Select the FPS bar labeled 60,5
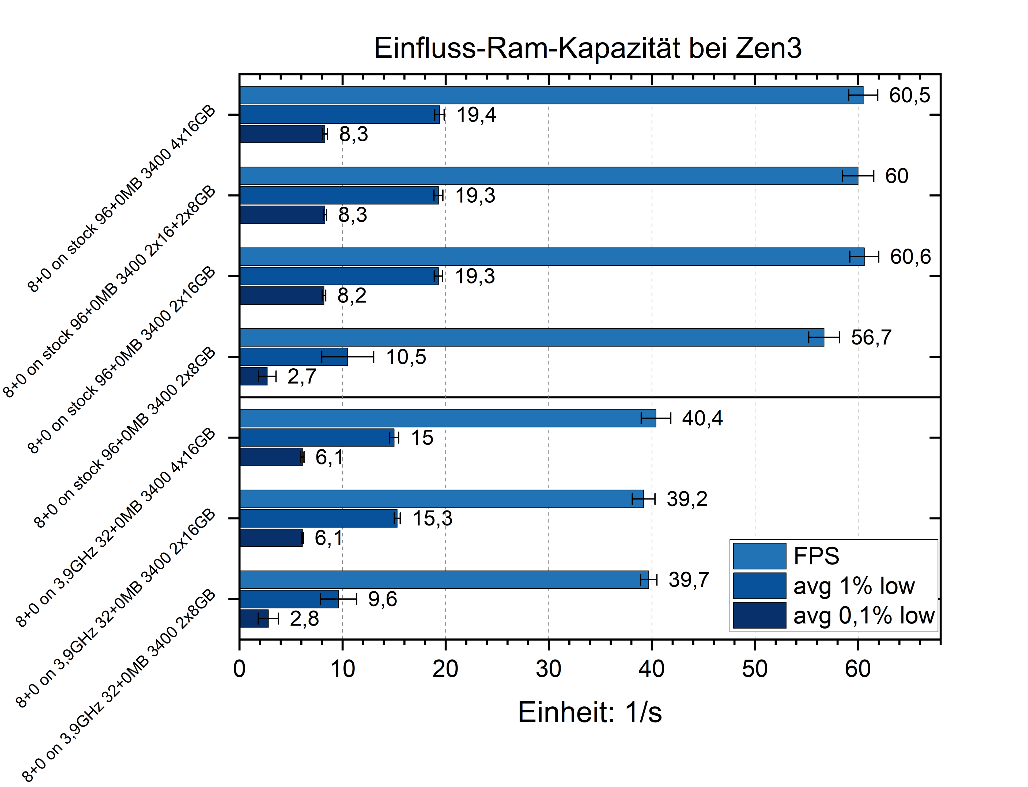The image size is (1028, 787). (551, 95)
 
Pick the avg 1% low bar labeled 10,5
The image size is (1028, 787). (293, 357)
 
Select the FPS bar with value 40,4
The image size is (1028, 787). (447, 418)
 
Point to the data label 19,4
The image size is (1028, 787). (476, 115)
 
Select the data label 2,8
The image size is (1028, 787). (304, 619)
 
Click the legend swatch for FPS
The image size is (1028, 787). (759, 556)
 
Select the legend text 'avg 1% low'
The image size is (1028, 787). (854, 586)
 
